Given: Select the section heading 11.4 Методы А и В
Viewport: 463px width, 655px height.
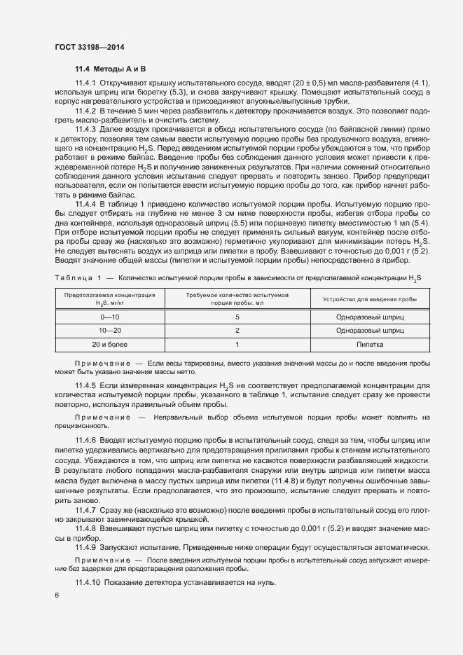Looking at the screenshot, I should point(111,69).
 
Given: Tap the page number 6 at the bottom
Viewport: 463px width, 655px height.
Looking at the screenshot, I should point(57,596).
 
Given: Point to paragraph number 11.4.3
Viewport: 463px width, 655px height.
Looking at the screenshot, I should point(85,130).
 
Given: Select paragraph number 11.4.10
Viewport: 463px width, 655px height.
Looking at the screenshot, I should point(88,583).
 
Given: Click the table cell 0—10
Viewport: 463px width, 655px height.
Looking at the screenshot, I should point(110,317).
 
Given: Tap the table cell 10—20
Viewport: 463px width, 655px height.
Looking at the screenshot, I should point(110,331).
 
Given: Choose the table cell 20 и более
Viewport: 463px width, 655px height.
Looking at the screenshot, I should point(110,345).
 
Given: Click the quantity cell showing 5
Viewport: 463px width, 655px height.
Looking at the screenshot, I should point(237,317).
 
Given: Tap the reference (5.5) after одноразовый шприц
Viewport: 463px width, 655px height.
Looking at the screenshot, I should point(263,223).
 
